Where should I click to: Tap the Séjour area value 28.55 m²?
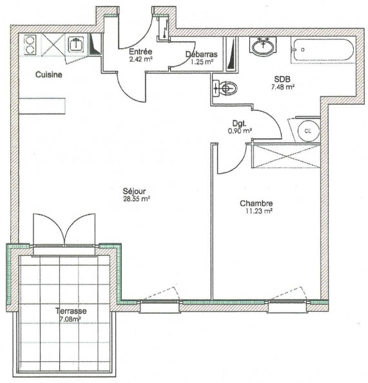coord(136,199)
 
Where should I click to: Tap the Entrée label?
coord(140,51)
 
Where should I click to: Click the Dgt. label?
coord(240,123)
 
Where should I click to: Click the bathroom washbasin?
coord(262,46)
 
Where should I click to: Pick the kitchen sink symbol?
coord(75,44)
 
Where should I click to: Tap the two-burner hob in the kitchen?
coord(30,44)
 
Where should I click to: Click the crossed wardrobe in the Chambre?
coord(285,156)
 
